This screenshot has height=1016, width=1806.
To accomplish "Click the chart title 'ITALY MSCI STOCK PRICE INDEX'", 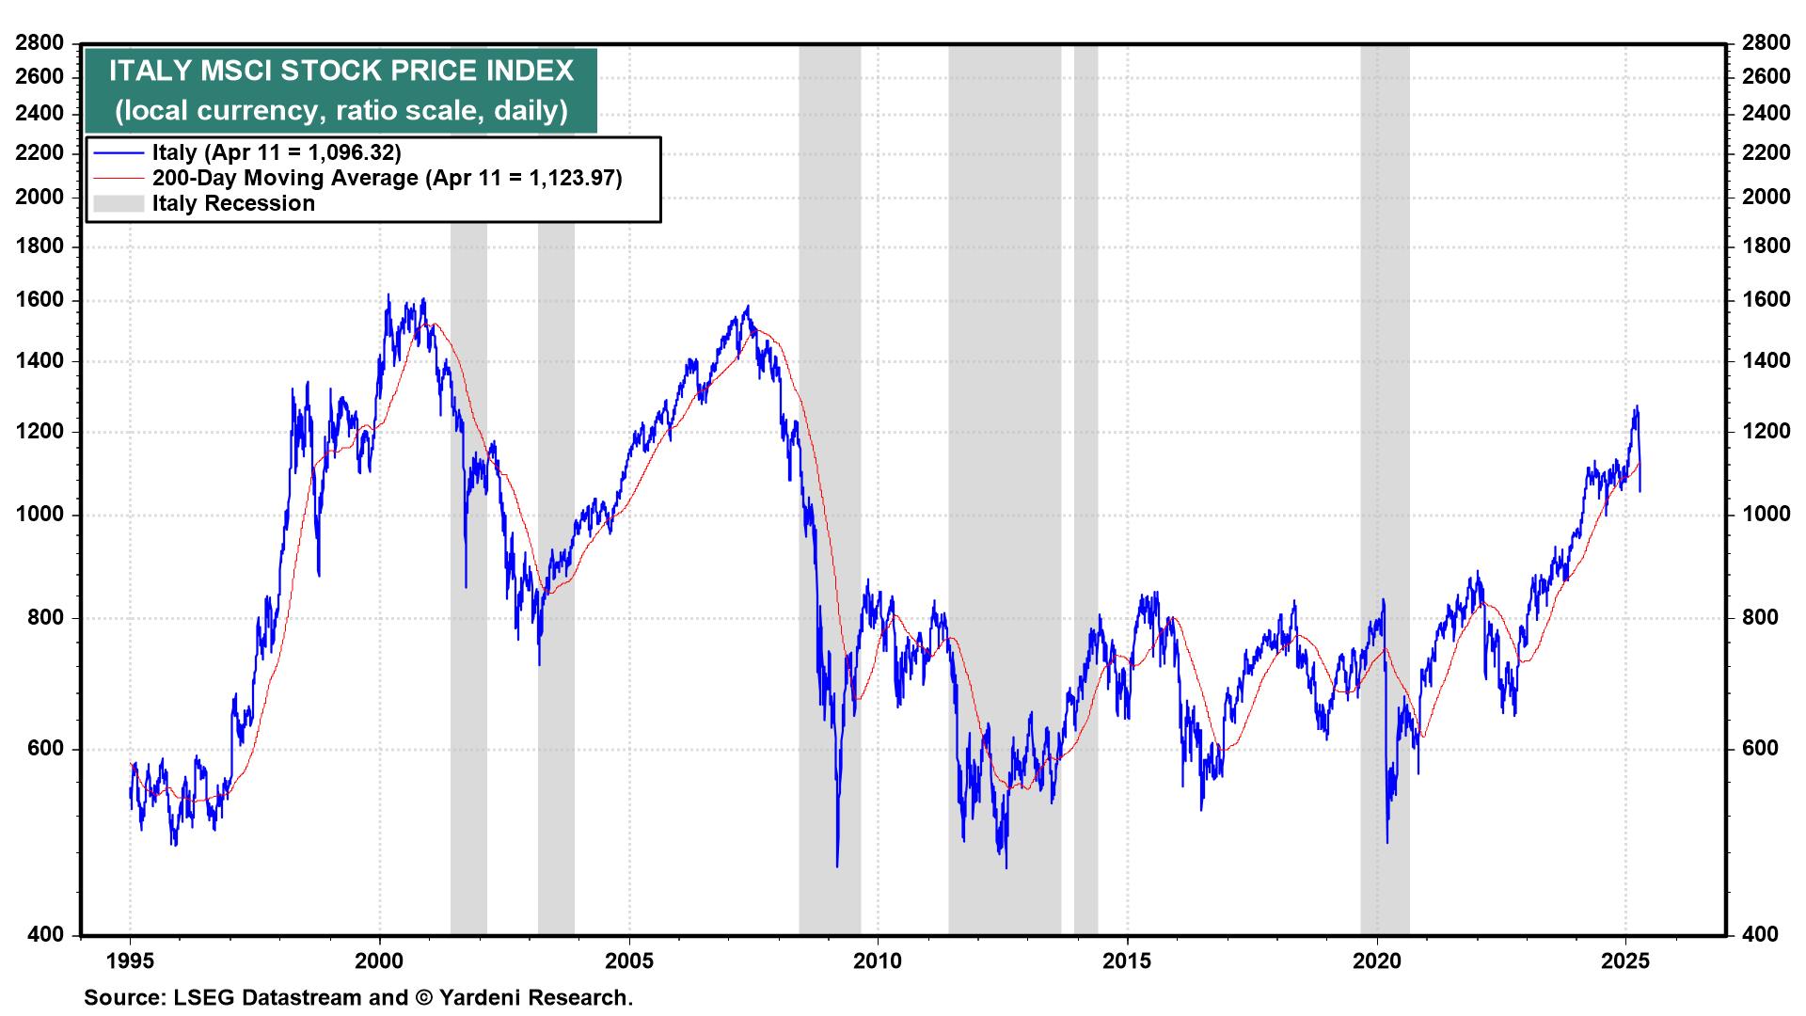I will pos(341,71).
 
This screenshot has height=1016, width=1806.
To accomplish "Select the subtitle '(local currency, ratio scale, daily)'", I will pos(341,110).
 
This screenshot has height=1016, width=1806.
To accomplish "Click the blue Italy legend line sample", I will pos(119,153).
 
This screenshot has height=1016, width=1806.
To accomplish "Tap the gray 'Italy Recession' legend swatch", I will pos(119,203).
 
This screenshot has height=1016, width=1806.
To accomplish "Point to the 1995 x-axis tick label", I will pos(130,960).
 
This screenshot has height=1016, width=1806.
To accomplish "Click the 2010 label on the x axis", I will pos(878,960).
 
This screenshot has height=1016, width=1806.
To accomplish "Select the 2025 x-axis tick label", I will pos(1625,960).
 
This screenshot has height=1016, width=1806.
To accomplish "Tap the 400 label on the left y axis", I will pos(45,934).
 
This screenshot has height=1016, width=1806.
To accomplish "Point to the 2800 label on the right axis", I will pos(1766,42).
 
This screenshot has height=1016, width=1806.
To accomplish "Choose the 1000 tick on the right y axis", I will pos(1766,514).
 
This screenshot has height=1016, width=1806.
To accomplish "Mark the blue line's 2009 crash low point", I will pos(837,865).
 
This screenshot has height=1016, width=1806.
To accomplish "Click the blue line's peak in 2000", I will pos(388,295).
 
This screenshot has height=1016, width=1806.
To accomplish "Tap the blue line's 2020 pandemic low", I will pos(1387,841).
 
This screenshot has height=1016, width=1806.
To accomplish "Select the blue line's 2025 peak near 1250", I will pos(1637,407).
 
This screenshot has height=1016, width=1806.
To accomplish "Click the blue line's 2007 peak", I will pos(748,307).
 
